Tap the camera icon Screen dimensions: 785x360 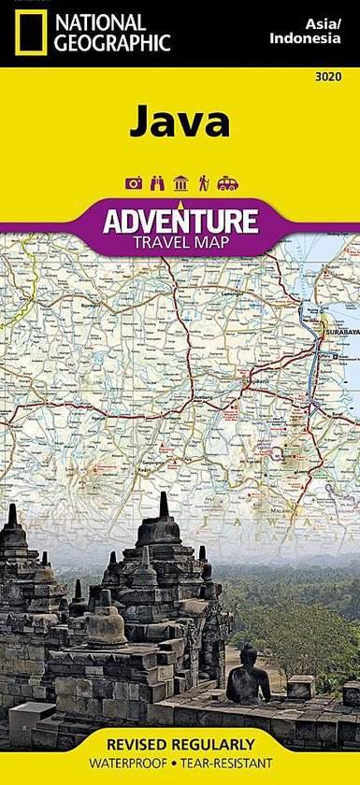point(134,183)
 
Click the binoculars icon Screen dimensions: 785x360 point(156,183)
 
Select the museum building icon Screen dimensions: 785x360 point(180,183)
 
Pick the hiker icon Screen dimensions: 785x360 point(202,183)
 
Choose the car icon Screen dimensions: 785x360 point(227,183)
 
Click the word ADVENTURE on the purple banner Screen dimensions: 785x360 point(180,221)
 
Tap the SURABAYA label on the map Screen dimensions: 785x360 point(336,332)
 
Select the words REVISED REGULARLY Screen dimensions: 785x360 point(180,745)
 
